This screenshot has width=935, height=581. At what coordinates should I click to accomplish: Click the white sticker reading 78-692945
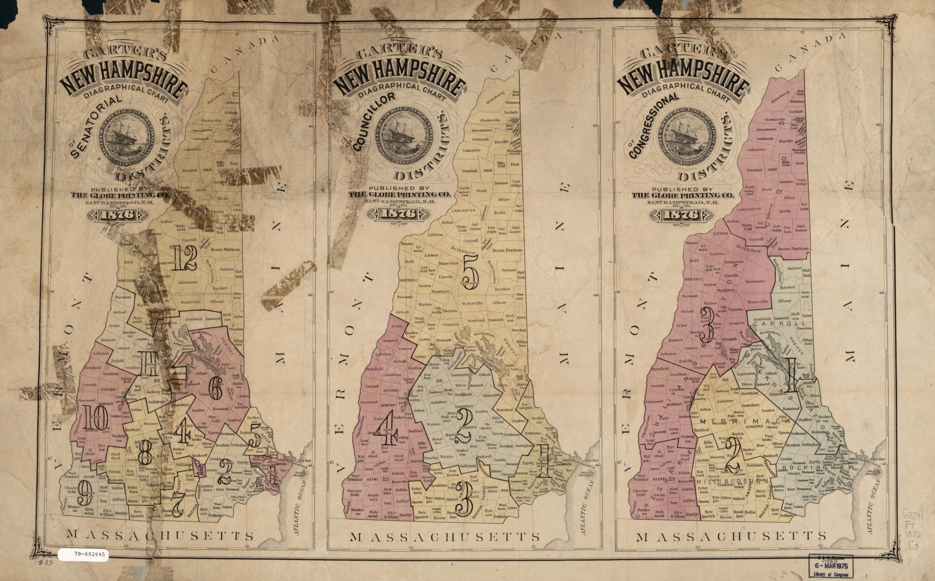pos(83,555)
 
